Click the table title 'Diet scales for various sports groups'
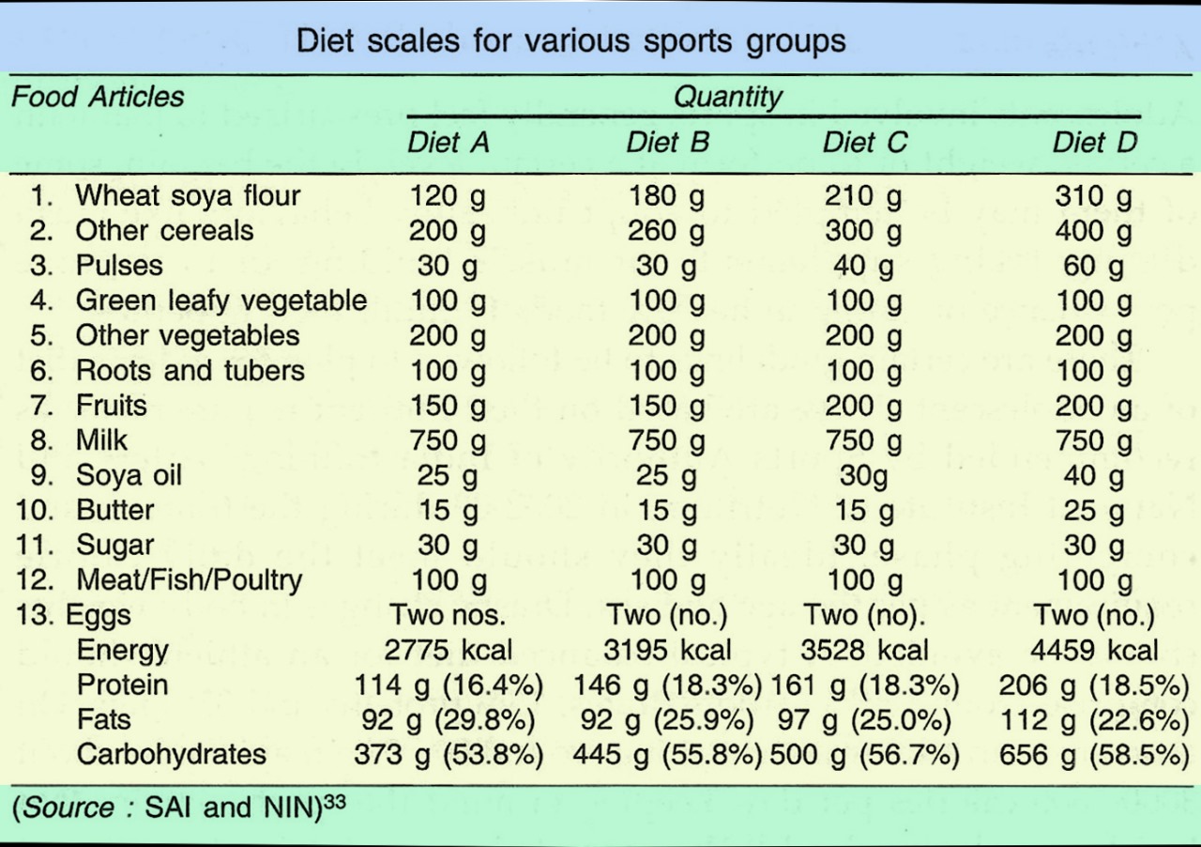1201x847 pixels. [570, 41]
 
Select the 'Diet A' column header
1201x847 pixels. [448, 143]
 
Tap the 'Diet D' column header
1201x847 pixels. [1094, 143]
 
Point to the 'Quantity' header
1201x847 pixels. [727, 97]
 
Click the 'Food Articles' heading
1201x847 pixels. [98, 97]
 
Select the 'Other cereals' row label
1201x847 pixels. [164, 231]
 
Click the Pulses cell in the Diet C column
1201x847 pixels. [863, 267]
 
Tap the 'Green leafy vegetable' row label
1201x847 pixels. [220, 301]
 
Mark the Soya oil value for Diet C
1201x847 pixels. [862, 476]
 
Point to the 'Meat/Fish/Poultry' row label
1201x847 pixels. [189, 580]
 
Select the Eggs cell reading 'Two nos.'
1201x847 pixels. [448, 616]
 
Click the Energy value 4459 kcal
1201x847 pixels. [1094, 650]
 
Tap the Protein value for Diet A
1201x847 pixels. [448, 685]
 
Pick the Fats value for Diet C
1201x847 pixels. [863, 720]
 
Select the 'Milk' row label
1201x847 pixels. [101, 440]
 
